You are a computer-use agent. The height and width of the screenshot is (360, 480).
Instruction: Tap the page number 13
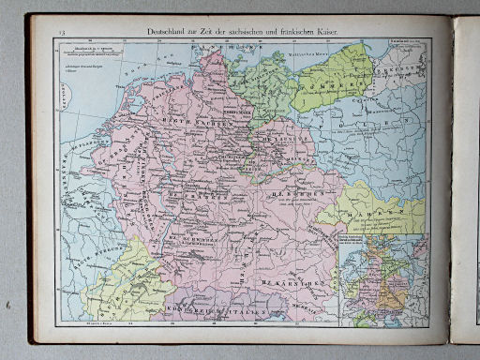coord(63,34)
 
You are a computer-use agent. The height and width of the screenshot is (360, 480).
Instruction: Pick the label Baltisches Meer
coord(308,58)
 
